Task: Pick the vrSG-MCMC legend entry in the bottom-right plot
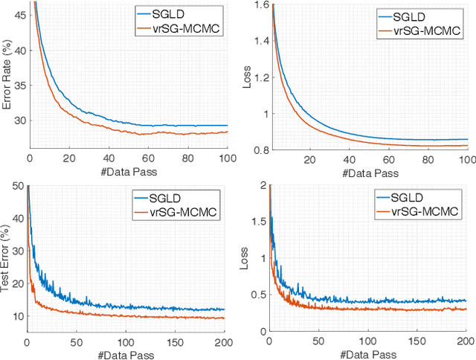click(424, 212)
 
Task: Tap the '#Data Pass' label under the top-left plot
click(128, 172)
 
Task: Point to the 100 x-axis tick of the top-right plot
click(466, 159)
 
